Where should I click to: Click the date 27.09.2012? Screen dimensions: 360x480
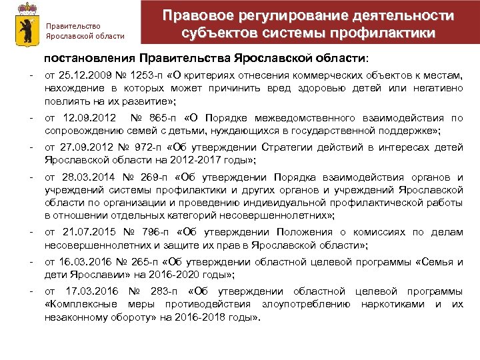[x=83, y=148]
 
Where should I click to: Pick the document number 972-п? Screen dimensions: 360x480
[x=140, y=148]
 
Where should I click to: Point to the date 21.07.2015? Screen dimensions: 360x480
[x=87, y=232]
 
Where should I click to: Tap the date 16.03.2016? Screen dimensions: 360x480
[x=81, y=262]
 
